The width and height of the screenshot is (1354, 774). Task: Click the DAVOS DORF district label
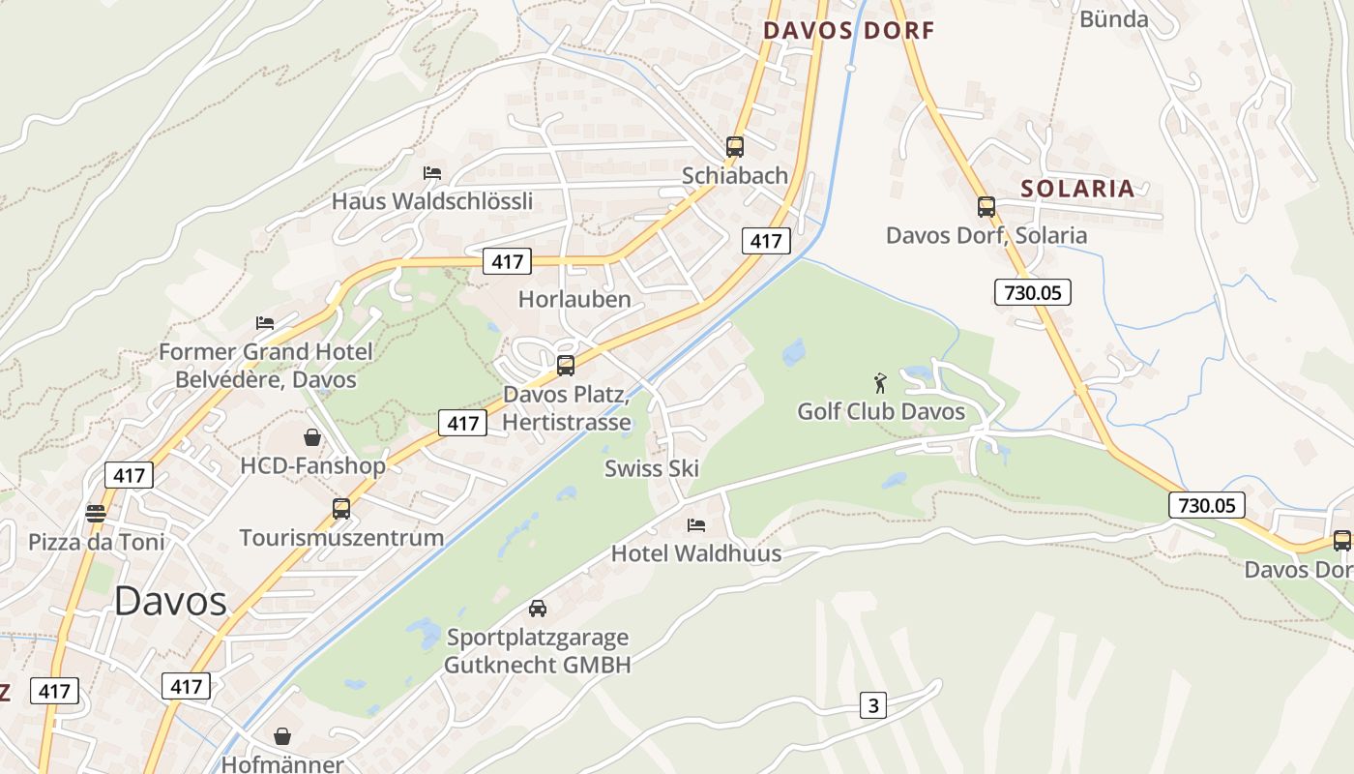849,31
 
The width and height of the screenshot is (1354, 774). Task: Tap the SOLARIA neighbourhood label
1078,189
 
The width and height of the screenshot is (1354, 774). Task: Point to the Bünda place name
1113,19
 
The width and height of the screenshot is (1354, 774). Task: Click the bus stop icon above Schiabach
735,147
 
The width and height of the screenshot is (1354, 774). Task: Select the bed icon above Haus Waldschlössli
432,173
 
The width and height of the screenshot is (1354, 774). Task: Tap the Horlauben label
574,299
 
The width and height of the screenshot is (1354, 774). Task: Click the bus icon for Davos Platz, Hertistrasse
566,366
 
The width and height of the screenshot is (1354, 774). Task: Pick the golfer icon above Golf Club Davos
880,382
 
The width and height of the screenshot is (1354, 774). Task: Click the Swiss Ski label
652,468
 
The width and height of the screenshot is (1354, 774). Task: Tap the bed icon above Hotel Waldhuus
695,525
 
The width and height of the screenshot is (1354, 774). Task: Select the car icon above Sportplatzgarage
538,609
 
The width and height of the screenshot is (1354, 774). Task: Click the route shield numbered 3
873,705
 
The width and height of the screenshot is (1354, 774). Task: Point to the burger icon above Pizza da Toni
95,513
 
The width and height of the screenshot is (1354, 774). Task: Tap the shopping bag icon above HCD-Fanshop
312,437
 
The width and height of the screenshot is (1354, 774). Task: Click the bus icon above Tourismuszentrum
341,509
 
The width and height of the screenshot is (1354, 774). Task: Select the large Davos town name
170,602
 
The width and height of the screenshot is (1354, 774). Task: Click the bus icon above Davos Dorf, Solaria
986,207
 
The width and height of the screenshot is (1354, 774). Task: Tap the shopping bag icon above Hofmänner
282,737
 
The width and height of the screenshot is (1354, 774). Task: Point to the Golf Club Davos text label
880,412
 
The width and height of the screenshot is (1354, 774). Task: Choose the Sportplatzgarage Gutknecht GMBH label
538,651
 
